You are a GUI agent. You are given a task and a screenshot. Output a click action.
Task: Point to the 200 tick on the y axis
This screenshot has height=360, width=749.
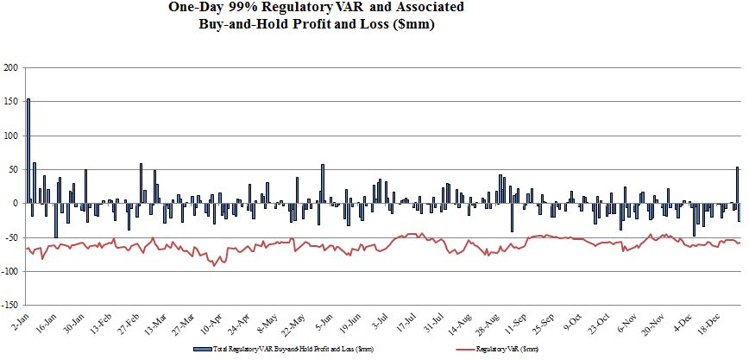[11, 68]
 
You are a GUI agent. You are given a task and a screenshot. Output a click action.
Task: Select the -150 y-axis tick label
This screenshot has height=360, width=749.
[9, 305]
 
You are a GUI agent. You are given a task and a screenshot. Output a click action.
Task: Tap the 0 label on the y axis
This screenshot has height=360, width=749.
[16, 204]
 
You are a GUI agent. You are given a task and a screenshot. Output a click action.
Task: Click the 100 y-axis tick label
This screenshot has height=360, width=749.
[11, 136]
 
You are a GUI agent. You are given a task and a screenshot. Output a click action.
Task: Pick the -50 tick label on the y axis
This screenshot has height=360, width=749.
[11, 237]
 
